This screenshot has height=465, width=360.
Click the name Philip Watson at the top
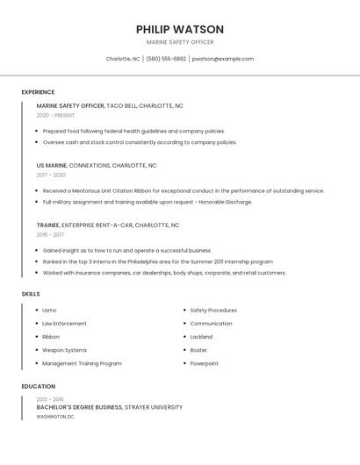pos(180,29)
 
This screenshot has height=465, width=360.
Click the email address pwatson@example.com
pos(223,59)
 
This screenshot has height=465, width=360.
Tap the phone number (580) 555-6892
pos(166,59)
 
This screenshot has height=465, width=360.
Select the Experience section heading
pos(38,92)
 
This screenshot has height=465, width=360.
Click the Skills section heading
pos(31,294)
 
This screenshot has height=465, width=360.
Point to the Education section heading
pos(38,386)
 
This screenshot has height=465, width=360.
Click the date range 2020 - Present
pos(55,115)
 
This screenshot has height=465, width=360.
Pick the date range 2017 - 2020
pos(51,175)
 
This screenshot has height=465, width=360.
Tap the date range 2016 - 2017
pos(50,234)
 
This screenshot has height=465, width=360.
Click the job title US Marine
pos(52,165)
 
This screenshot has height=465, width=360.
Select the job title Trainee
pos(48,225)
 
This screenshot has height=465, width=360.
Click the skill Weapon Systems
pos(64,350)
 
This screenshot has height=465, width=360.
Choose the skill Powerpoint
pos(204,363)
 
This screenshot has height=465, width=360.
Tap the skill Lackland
pos(201,337)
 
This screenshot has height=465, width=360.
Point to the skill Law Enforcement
pos(64,324)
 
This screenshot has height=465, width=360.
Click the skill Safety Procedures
pos(213,310)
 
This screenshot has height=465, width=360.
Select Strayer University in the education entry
pos(154,407)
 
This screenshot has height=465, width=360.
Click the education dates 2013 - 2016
pos(50,399)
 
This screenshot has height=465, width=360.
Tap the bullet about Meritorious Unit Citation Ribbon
pos(184,190)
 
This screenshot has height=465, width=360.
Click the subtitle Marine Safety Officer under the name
pos(180,42)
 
